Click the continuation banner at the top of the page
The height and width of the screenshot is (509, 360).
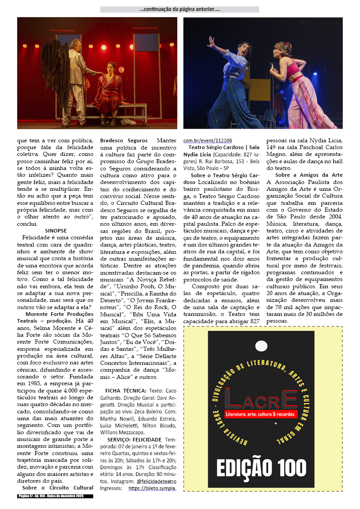180,9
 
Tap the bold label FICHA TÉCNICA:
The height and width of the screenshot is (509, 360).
126,391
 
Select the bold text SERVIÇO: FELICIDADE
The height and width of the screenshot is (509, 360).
134,440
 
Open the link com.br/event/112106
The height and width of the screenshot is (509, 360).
207,141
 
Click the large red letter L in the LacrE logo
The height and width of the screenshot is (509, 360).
235,399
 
